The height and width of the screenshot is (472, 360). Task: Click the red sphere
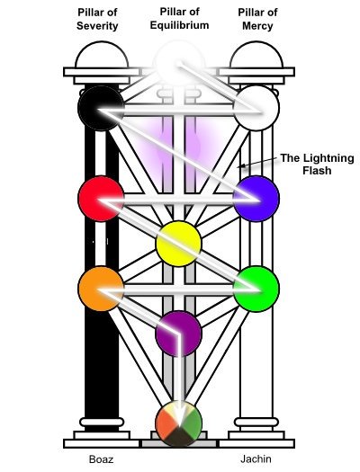coord(101,199)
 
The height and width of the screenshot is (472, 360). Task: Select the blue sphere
coord(256,199)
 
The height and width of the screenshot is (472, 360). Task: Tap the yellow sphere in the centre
coord(178,244)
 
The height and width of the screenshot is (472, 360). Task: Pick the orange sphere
coord(101,289)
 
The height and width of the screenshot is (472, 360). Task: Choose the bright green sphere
coord(256,289)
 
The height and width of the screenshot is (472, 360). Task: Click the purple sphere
coord(178,334)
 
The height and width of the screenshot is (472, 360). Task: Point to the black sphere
coord(101,109)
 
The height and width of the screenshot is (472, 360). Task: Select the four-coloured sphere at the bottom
coord(178,423)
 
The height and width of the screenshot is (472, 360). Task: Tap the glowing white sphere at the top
coord(178,64)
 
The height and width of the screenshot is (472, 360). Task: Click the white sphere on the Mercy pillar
coord(256,109)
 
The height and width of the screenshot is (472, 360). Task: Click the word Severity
coord(97,26)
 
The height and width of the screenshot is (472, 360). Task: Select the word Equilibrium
coord(179,25)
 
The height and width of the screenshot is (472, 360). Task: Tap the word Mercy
coord(257,26)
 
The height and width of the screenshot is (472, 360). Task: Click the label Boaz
coord(101,459)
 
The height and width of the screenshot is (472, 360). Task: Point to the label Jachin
coord(256,459)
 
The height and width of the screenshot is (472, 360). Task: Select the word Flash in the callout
coord(317,171)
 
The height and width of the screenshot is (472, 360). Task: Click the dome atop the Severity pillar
coord(102,55)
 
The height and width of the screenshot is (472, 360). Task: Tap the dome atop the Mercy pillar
coord(256,55)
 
